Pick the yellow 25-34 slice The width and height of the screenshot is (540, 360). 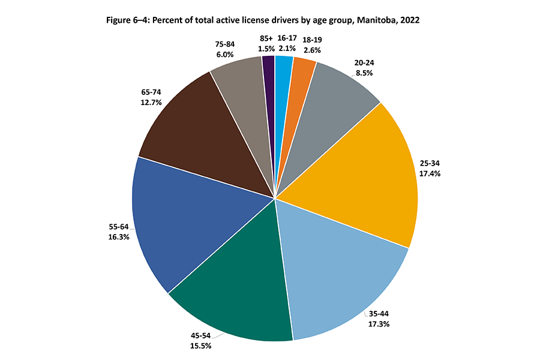[x=366, y=174]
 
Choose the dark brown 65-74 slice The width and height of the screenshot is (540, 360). [x=192, y=132]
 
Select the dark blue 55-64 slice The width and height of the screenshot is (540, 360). [x=180, y=222]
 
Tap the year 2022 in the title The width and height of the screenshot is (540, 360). [x=408, y=20]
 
